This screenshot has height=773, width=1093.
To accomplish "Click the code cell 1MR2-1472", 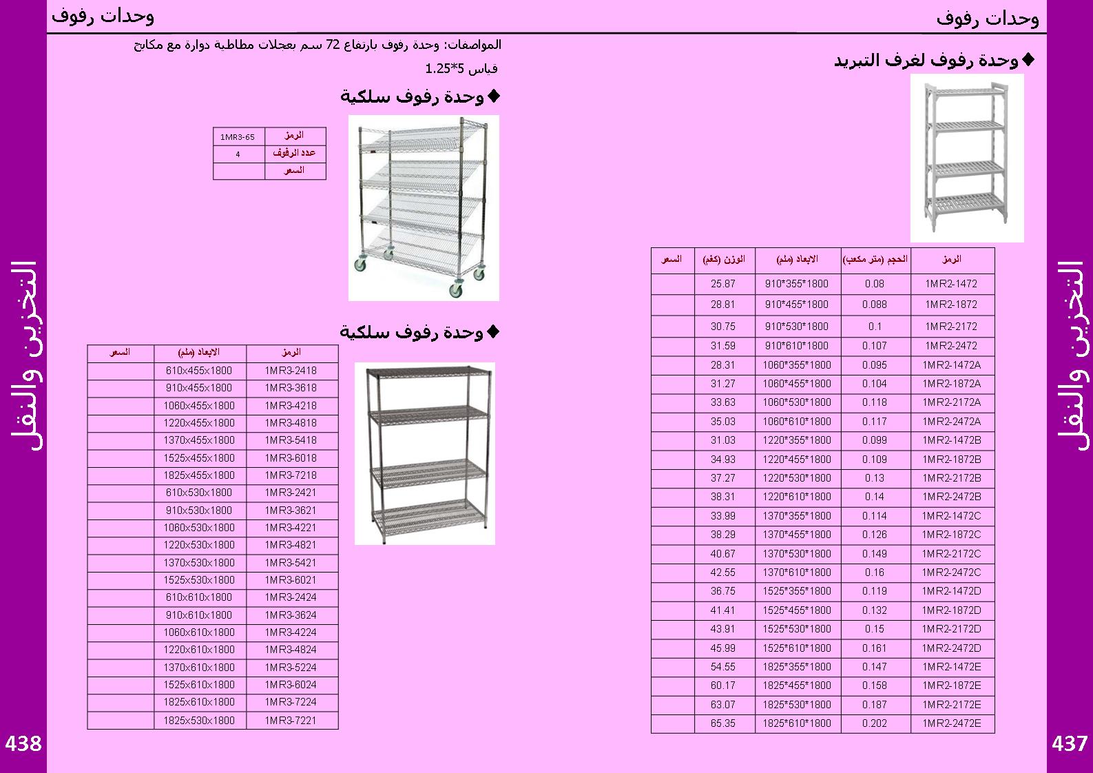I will (951, 284).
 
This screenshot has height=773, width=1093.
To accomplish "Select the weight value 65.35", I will (722, 723).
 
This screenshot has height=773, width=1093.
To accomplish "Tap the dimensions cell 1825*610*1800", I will (797, 723).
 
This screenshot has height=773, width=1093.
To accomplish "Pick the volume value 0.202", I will (874, 723).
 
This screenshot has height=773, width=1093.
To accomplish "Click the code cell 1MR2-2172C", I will (951, 553).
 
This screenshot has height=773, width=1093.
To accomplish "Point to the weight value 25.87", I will (722, 284).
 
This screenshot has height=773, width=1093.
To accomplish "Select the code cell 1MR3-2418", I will (291, 371).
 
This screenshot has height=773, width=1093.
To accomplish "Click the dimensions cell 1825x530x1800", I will (199, 720).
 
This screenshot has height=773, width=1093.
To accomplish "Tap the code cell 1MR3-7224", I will (291, 702).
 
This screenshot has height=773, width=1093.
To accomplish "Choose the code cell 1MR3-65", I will (238, 137).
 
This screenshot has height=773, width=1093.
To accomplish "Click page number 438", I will (23, 743).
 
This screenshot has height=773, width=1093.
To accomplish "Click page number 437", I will (1069, 743).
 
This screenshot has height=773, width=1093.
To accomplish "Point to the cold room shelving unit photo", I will (966, 158).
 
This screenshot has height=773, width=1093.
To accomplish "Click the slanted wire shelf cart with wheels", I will (424, 207).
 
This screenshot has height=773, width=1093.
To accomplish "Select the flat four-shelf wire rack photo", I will (424, 453).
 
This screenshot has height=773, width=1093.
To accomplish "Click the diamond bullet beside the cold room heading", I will (1028, 60).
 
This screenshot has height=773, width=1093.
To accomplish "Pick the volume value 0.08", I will (874, 284).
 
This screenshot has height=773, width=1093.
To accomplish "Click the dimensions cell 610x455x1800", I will (199, 371).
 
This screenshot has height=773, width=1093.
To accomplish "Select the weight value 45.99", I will (722, 648).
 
